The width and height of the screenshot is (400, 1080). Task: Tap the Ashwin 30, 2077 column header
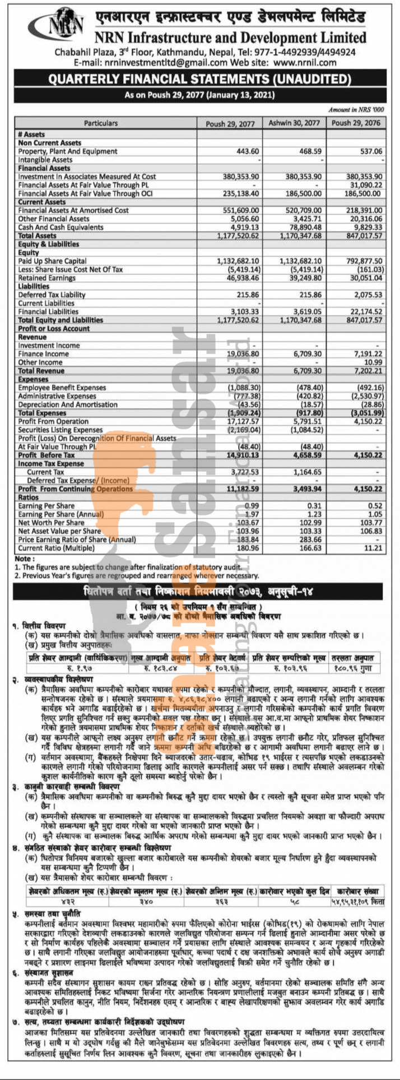tap(294, 123)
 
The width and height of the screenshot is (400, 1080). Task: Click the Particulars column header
tap(101, 123)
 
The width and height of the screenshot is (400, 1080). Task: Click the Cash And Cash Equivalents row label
tap(61, 227)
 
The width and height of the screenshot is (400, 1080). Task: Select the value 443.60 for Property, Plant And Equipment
tap(248, 151)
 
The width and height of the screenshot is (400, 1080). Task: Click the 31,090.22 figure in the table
tap(364, 185)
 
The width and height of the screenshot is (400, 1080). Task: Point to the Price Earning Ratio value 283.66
tap(310, 539)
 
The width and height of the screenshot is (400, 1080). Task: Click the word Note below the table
tap(24, 558)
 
